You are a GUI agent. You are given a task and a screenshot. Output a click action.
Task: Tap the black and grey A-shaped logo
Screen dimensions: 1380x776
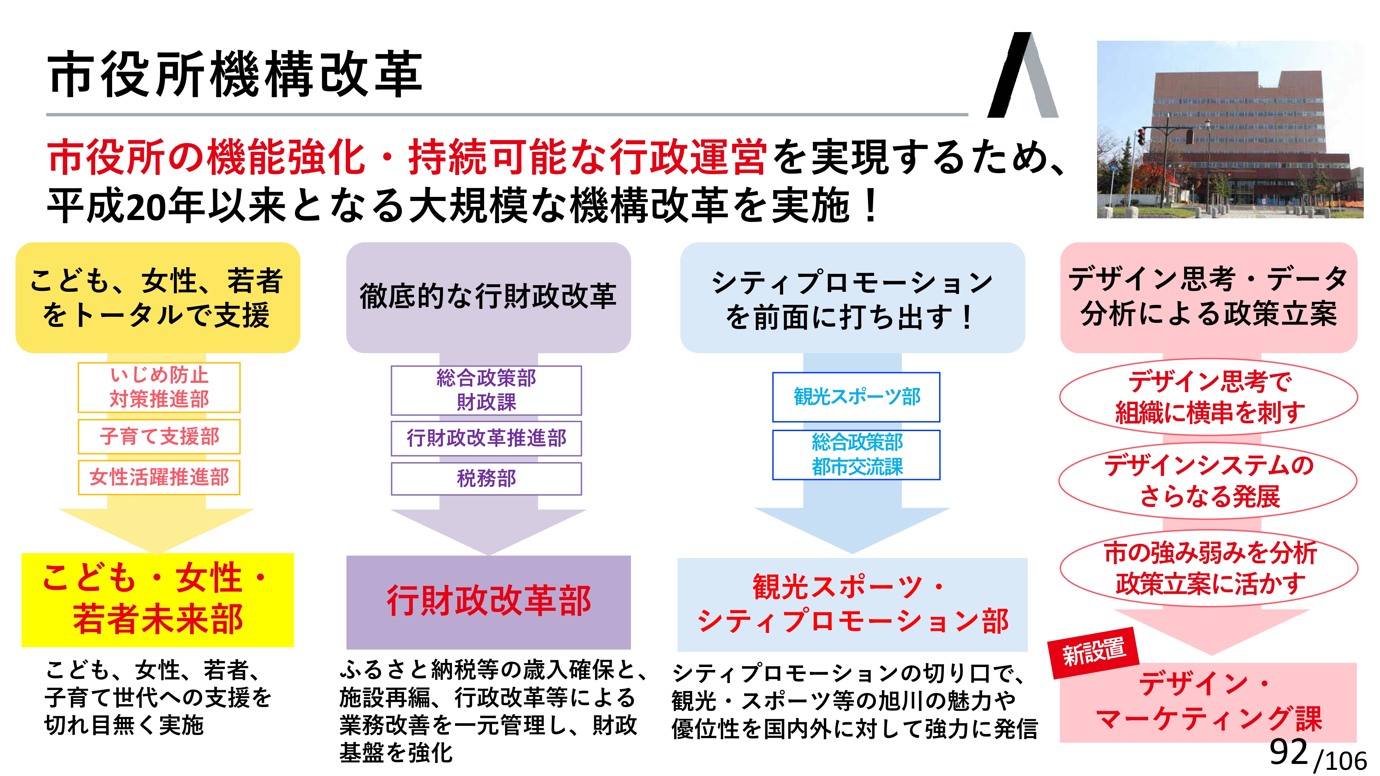pos(1023,75)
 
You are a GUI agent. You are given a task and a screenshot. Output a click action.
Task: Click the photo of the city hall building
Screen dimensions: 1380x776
pos(1230,129)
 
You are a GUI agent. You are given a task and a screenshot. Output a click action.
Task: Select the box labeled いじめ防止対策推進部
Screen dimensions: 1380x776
pos(159,387)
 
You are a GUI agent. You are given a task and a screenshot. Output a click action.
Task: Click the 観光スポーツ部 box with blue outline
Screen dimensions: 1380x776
pos(856,397)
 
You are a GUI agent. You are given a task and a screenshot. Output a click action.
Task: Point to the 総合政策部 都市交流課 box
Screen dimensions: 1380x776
pos(856,455)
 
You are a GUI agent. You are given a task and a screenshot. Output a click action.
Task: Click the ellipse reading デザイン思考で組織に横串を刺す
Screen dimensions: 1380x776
pos(1209,397)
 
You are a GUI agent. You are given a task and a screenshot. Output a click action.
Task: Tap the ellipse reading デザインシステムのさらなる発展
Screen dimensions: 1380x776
pos(1208,480)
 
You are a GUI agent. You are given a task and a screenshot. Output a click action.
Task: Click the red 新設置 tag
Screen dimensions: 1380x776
pos(1093,652)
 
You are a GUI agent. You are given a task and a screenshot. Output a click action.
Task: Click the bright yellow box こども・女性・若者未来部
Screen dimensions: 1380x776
pos(158,600)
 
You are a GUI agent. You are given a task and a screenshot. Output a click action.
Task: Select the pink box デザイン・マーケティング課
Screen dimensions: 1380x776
pos(1208,702)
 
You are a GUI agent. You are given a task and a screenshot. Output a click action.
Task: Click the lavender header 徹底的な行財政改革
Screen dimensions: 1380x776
pos(489,297)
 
